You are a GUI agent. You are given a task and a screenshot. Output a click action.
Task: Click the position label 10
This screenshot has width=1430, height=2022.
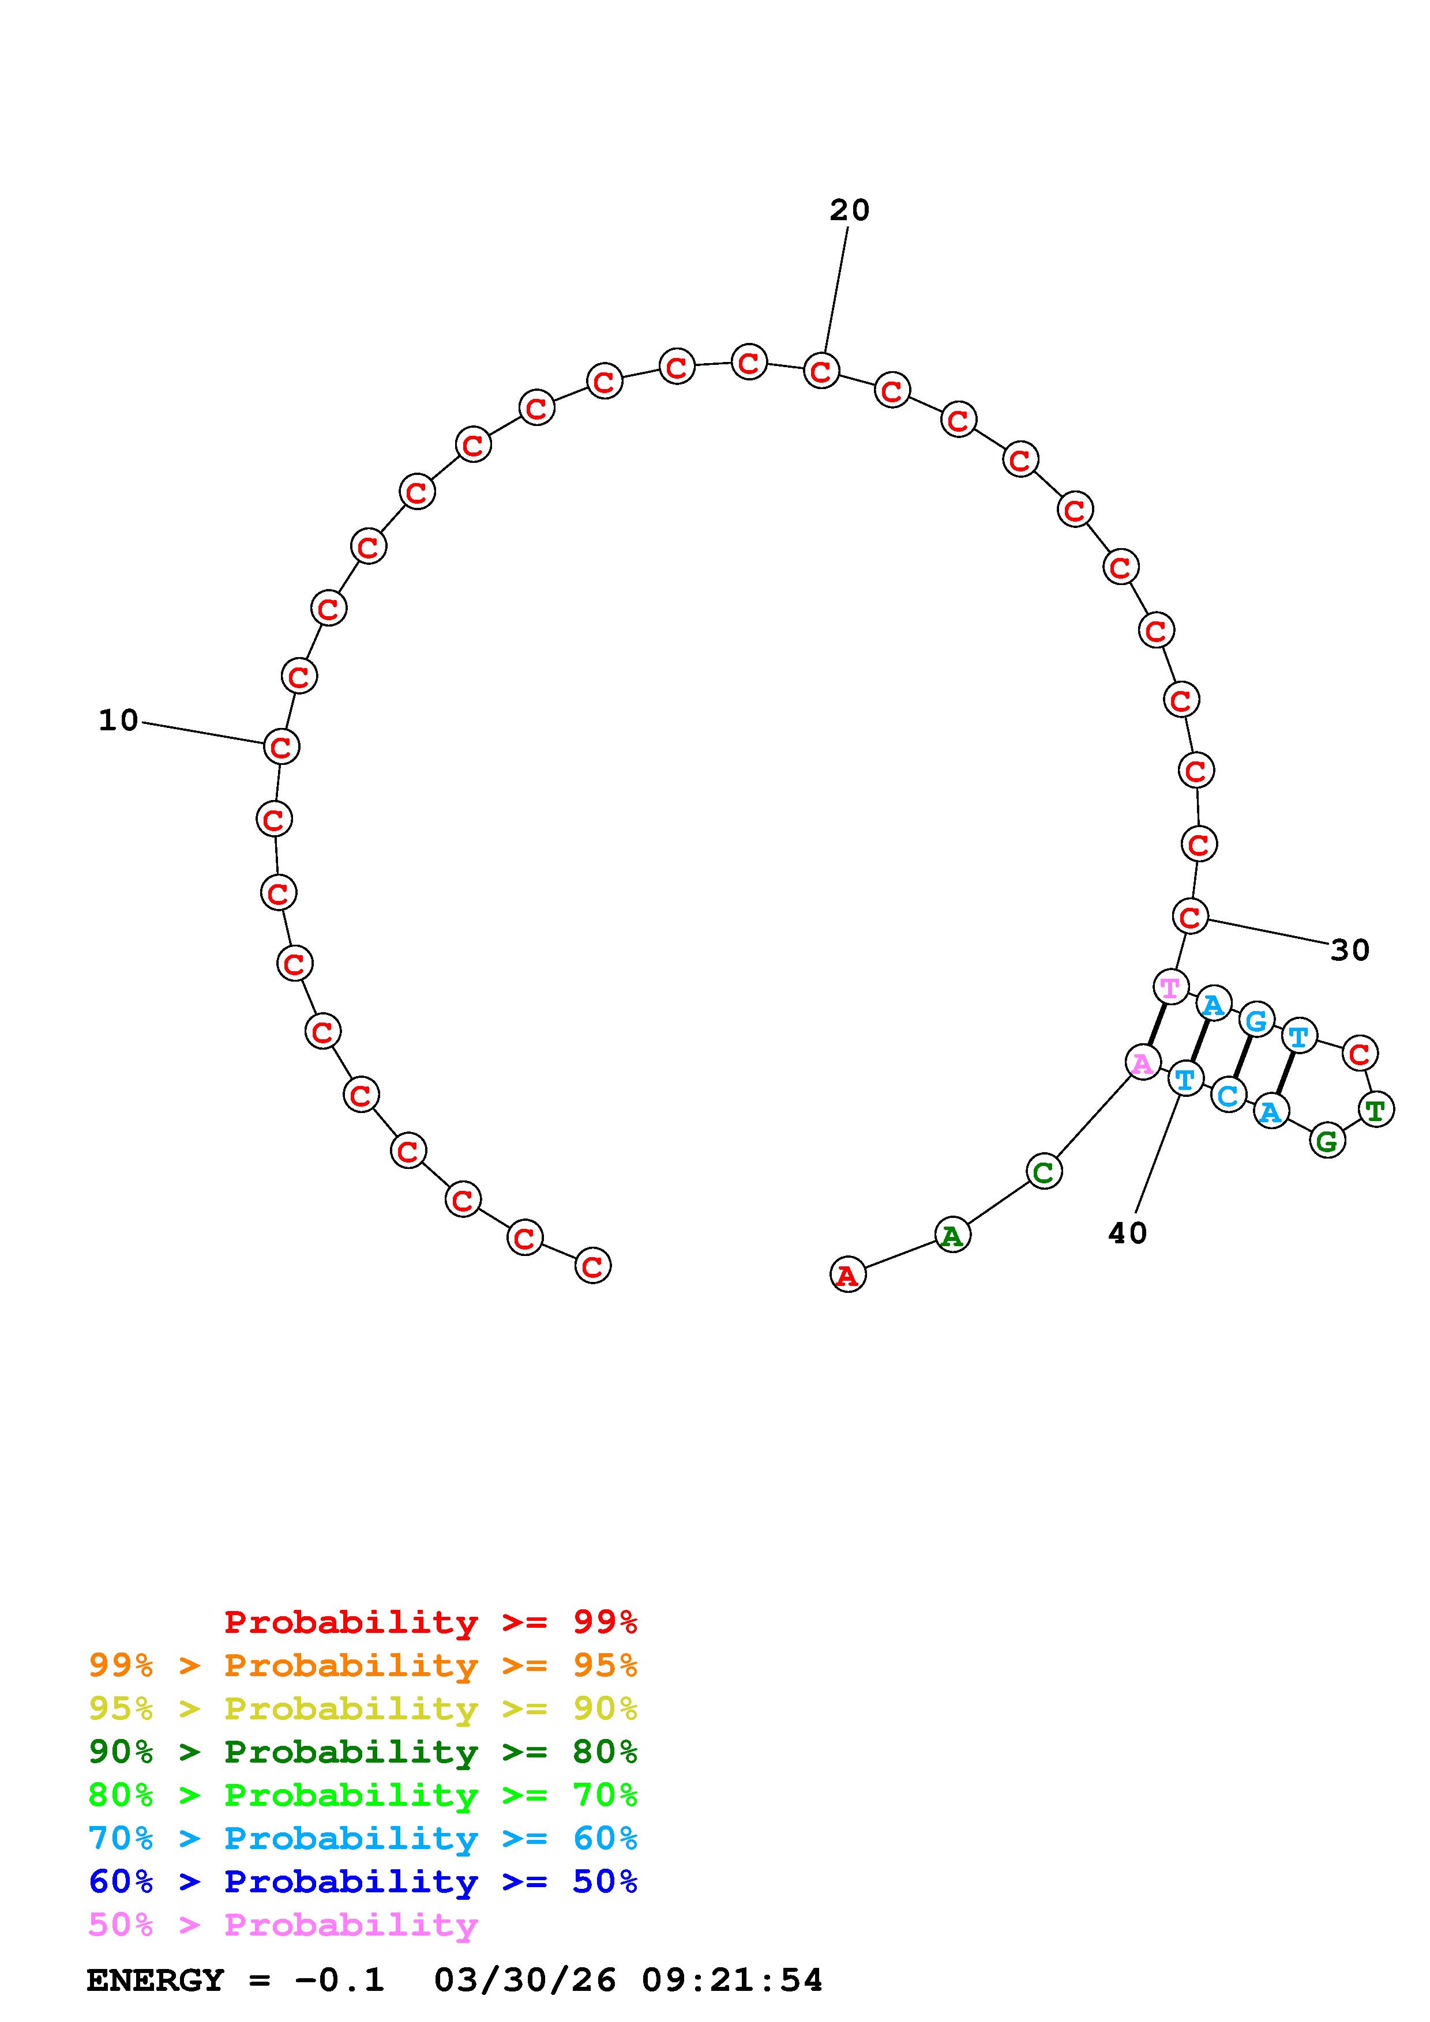[x=119, y=720]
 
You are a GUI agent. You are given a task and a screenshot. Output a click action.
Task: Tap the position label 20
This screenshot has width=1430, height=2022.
[x=849, y=210]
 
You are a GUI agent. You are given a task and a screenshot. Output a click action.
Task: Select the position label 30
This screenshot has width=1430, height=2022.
[x=1350, y=950]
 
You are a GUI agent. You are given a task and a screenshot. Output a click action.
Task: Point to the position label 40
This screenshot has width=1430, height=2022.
[x=1128, y=1233]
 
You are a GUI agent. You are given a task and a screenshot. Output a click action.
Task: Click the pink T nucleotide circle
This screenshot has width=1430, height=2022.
[x=1170, y=987]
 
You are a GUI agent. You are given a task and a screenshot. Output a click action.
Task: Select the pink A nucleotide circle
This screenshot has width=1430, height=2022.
[x=1143, y=1063]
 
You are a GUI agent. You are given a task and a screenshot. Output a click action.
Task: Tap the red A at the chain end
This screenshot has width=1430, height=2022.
[x=847, y=1274]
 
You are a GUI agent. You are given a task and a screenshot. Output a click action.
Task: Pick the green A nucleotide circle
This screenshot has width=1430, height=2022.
[x=952, y=1236]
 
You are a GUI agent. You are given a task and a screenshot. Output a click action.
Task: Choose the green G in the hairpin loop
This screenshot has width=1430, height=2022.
[x=1327, y=1141]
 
